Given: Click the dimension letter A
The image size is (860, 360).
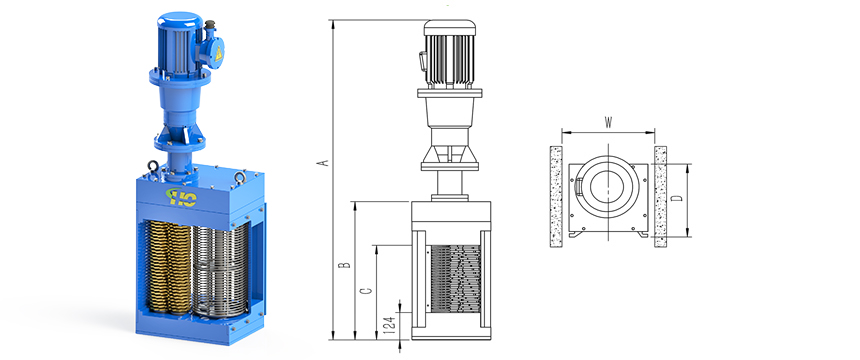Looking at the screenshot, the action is [324, 162].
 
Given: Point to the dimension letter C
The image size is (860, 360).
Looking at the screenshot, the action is [368, 291].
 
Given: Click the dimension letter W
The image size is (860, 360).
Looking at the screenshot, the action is [608, 122].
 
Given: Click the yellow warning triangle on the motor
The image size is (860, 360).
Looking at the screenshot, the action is [218, 53].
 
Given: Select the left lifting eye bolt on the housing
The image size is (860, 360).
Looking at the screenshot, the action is [153, 166].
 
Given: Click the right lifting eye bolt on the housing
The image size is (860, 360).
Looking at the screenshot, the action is [239, 177].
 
